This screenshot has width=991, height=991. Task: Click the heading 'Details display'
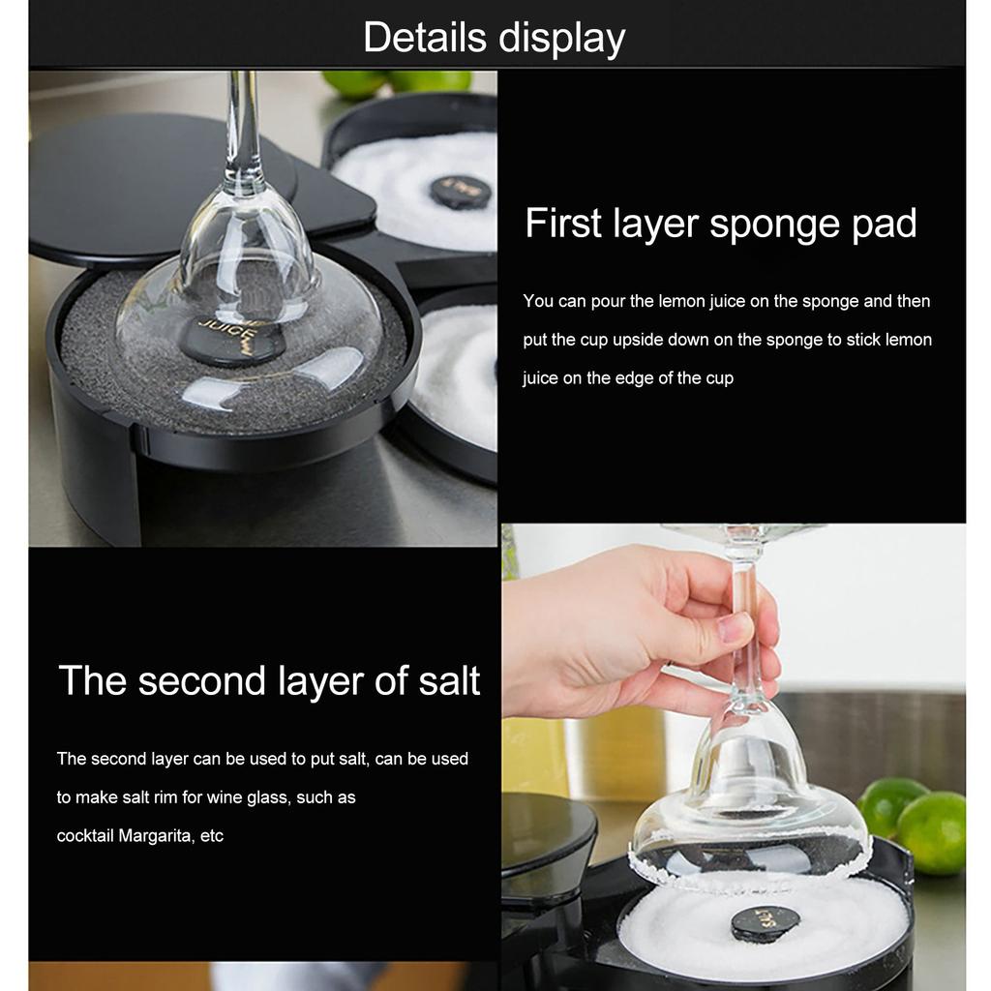tap(495, 38)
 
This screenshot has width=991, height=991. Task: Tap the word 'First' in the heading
tap(562, 224)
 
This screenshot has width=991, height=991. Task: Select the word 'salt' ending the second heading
tap(448, 680)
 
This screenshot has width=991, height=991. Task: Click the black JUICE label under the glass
tap(233, 342)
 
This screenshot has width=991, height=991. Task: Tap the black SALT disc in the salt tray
tap(765, 922)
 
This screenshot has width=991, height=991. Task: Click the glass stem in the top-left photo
tap(243, 126)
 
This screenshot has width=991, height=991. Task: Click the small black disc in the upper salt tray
tap(459, 191)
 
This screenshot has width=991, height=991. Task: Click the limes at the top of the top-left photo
tap(397, 81)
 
